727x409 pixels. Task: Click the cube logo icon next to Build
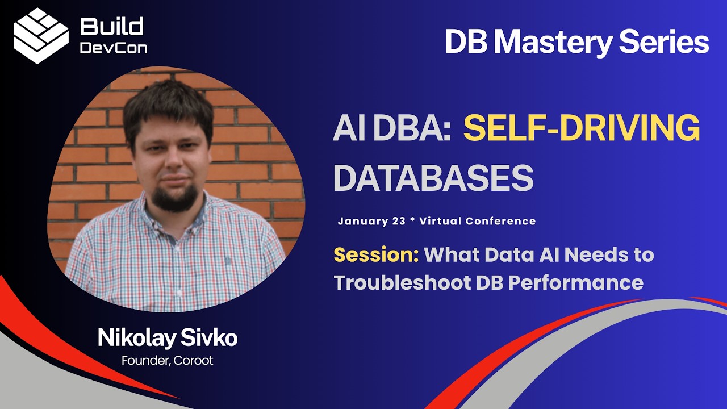click(x=41, y=35)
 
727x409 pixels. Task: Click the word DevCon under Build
click(x=114, y=48)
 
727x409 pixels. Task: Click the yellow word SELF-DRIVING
click(x=582, y=129)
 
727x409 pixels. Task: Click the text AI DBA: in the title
click(x=392, y=129)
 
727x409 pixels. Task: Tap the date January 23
click(x=371, y=221)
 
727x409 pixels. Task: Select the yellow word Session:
click(x=376, y=254)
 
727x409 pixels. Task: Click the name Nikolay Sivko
click(x=168, y=338)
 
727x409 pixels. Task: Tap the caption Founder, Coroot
click(x=168, y=360)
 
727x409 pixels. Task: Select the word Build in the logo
click(x=112, y=26)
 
